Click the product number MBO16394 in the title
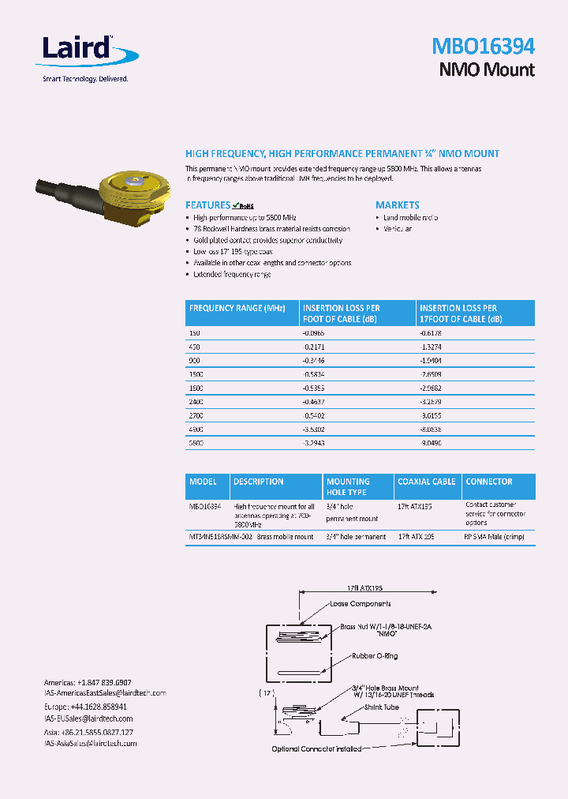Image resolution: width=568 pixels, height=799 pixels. click(x=483, y=46)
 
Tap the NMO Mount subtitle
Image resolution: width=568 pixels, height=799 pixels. click(x=486, y=69)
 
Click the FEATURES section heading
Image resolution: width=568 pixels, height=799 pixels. click(x=207, y=204)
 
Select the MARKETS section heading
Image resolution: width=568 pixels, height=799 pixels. click(x=397, y=204)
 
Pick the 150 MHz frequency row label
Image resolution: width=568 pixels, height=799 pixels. click(x=195, y=334)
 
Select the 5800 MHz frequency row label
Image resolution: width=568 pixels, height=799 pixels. click(x=196, y=443)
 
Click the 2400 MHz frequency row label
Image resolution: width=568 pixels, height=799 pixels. click(x=196, y=402)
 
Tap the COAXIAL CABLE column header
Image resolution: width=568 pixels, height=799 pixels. click(x=426, y=482)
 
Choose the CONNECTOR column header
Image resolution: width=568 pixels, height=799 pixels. click(x=488, y=482)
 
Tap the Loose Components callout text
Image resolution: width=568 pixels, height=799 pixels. click(x=361, y=603)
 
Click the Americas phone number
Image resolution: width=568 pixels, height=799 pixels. click(x=88, y=682)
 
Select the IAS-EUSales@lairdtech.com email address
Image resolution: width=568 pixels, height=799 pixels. click(x=88, y=718)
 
